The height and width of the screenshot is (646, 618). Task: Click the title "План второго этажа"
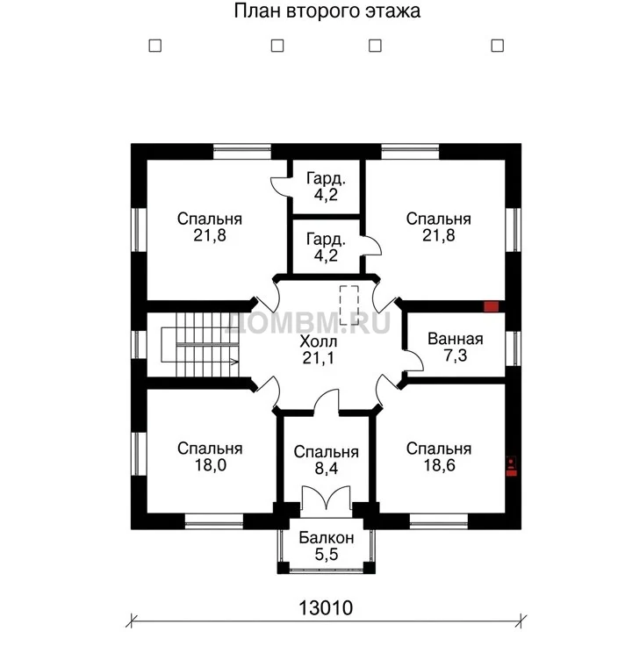[327, 11]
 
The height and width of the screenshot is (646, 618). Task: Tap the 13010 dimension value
[326, 607]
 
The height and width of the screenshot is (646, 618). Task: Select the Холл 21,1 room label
[319, 350]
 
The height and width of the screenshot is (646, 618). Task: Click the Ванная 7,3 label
[456, 347]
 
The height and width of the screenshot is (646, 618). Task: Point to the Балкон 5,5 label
[327, 546]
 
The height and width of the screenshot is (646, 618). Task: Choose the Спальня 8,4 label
[327, 460]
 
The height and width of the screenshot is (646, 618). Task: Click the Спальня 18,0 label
[210, 456]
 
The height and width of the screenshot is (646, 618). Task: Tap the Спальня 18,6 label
[439, 457]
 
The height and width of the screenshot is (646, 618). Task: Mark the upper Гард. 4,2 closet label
[326, 187]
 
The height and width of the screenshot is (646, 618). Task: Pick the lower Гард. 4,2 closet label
[326, 248]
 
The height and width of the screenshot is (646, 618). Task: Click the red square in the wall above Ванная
[491, 306]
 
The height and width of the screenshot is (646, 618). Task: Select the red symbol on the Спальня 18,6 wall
[511, 466]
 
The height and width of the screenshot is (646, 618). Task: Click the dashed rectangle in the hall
[349, 305]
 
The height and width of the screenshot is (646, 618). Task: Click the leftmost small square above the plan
[154, 46]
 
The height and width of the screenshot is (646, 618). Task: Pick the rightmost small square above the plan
[497, 46]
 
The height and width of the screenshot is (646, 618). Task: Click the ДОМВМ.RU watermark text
[308, 323]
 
